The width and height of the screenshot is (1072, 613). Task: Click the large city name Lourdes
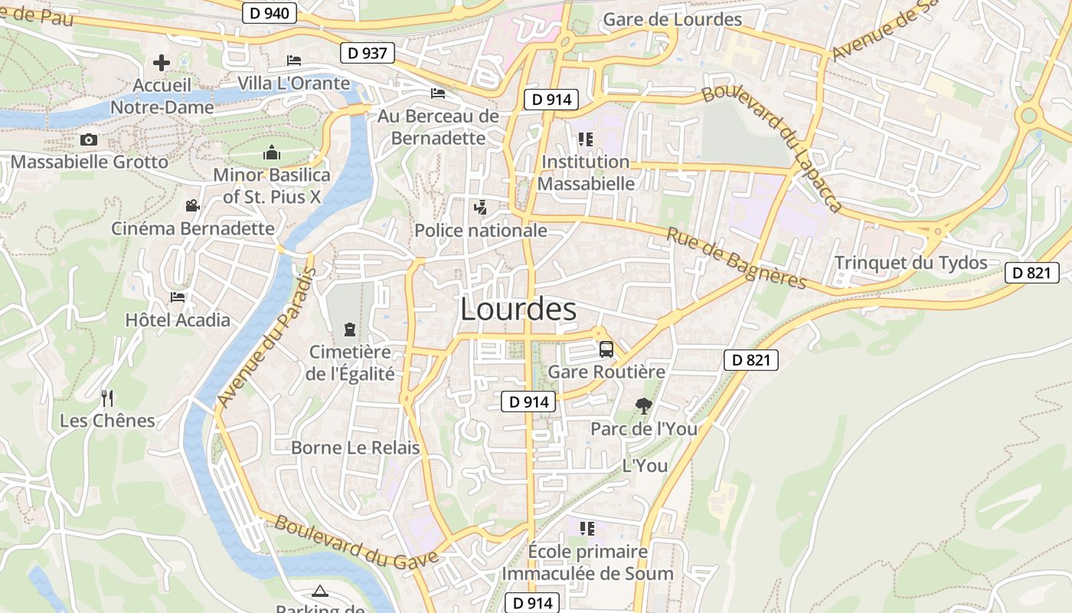[518, 309]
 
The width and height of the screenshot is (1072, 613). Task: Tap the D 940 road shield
[270, 12]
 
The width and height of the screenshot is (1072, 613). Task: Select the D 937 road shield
[368, 53]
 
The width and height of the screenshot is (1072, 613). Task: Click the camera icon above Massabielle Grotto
[89, 139]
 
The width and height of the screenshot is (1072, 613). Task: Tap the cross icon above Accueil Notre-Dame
[161, 62]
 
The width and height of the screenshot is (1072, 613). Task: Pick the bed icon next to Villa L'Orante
[294, 61]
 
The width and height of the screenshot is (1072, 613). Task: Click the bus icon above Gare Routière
[606, 349]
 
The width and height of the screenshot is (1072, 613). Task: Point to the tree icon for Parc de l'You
[643, 406]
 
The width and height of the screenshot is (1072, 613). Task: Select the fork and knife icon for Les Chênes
[107, 398]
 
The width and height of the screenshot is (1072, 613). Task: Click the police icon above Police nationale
[480, 207]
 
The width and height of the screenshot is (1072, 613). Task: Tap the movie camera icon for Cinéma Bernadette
[192, 205]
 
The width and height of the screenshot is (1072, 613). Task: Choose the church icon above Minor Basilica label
[271, 152]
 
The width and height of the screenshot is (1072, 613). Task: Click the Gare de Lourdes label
[672, 19]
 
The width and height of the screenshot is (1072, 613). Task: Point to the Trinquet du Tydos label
[910, 263]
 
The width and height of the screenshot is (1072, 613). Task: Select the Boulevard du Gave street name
[356, 540]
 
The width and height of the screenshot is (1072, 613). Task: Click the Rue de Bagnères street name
[736, 259]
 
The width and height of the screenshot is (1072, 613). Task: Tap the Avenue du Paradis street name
[266, 338]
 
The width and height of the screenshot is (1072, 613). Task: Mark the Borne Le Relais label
[355, 447]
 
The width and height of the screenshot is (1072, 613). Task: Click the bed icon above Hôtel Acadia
[178, 297]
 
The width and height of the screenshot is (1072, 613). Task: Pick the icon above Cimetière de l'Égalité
[350, 329]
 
